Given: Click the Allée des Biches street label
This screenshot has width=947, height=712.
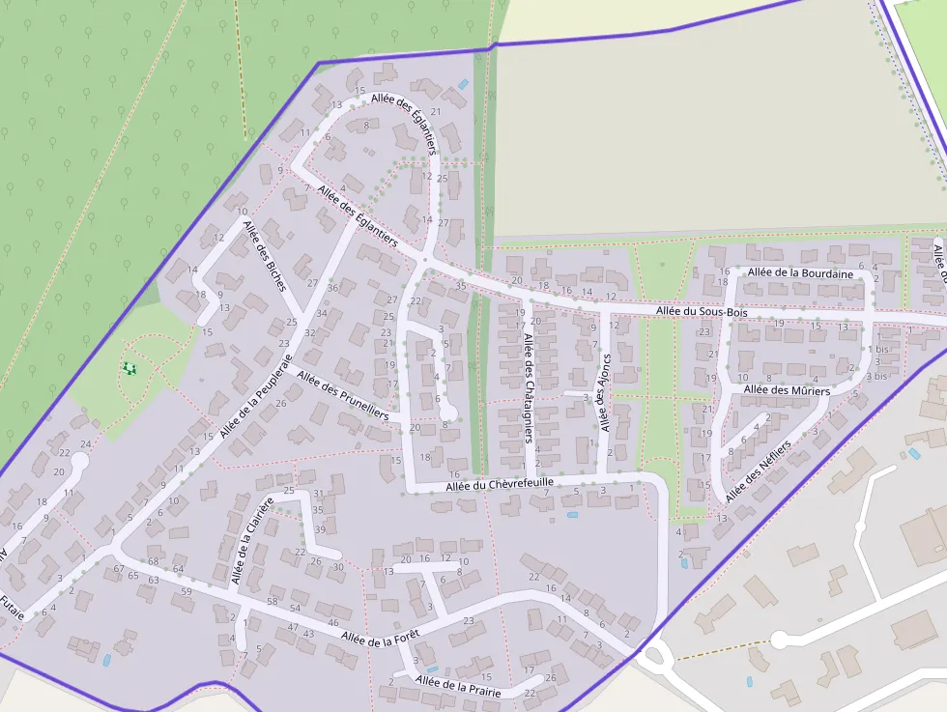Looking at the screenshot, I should pos(264,255).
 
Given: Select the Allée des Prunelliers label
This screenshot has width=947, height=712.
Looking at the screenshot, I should pos(342,396).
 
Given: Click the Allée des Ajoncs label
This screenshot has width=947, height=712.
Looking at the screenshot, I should pos(605,392).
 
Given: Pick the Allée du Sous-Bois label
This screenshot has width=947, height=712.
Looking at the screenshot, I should pos(702,312).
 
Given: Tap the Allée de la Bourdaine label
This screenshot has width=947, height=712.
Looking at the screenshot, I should pos(800,273).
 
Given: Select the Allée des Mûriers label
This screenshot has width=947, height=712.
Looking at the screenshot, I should pos(787,390).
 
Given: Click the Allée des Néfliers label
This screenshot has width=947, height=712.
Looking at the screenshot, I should pos(758,471).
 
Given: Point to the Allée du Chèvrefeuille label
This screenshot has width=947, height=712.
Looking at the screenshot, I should pos(500,484).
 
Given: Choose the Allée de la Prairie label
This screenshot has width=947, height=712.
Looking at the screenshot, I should pos(458,687).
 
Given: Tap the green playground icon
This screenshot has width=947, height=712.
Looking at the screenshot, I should pos(129,368).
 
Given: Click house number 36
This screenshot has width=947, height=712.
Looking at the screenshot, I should pos(332,288).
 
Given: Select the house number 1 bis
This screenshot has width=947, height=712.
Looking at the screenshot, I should pos(877,349).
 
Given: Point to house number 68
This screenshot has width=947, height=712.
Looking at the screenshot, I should pos(153,561).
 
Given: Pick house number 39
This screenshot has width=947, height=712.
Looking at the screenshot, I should pos(320,529).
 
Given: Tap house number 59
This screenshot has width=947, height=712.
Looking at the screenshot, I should pos(187,590).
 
